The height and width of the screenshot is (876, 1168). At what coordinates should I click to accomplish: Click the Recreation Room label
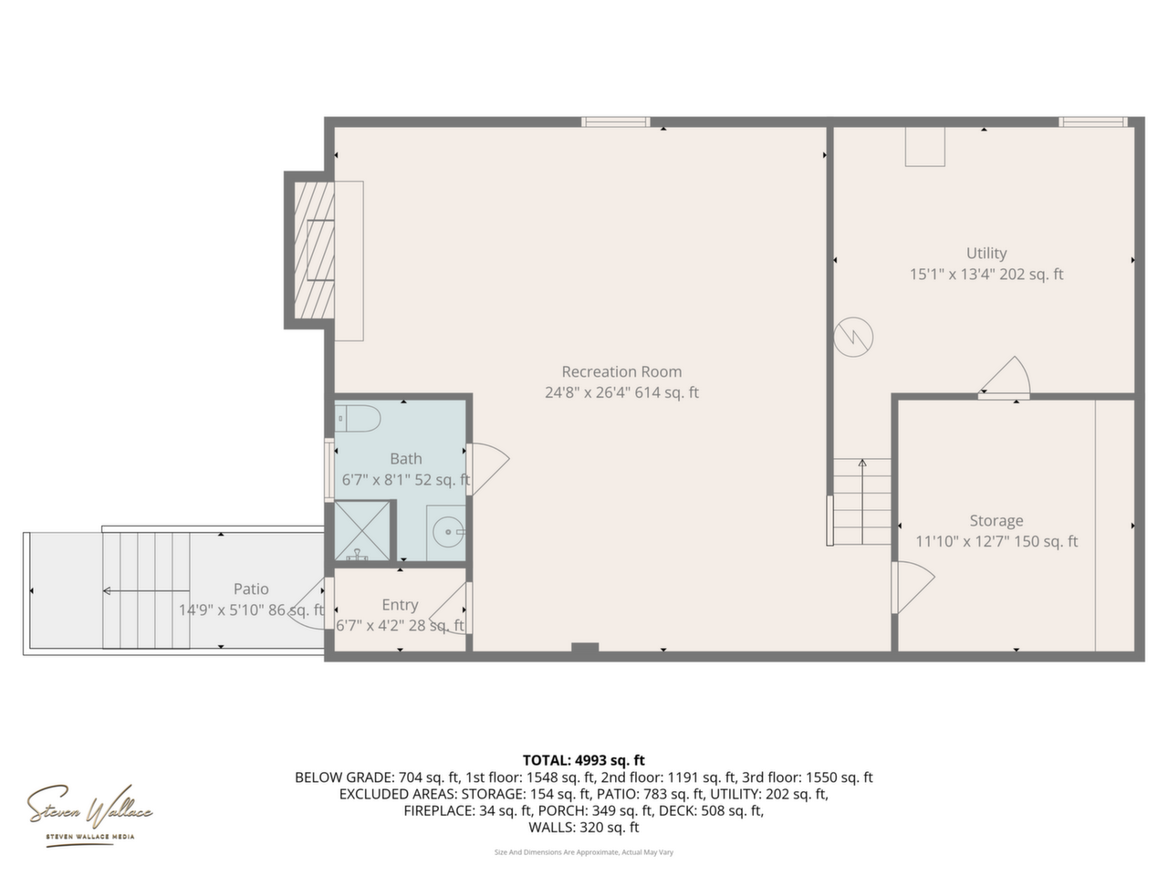[621, 371]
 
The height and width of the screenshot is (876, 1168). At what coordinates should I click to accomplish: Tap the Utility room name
[986, 253]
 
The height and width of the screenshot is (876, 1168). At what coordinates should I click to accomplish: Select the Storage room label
[996, 521]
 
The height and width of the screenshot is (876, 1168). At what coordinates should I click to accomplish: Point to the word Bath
[405, 458]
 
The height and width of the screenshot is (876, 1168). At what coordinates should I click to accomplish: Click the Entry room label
[400, 605]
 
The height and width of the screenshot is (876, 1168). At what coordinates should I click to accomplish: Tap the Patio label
[251, 589]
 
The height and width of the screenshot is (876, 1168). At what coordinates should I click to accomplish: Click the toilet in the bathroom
[357, 419]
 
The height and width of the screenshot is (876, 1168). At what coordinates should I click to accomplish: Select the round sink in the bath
[448, 531]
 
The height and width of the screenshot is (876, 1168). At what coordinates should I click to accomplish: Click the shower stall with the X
[362, 530]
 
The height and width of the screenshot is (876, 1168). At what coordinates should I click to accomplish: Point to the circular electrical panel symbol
[853, 338]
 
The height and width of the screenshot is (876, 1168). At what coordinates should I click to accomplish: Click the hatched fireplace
[314, 250]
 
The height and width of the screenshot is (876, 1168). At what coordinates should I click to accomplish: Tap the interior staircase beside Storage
[862, 501]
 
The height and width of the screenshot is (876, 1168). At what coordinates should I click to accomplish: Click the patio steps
[146, 590]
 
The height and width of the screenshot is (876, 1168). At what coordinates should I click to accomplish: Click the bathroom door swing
[488, 469]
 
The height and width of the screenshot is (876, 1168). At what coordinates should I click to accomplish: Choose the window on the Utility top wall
[1092, 122]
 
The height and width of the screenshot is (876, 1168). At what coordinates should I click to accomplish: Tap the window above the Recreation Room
[615, 122]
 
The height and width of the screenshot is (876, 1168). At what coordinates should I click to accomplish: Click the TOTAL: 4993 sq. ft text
[583, 760]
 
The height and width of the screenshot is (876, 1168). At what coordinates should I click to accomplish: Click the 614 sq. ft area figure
[667, 392]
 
